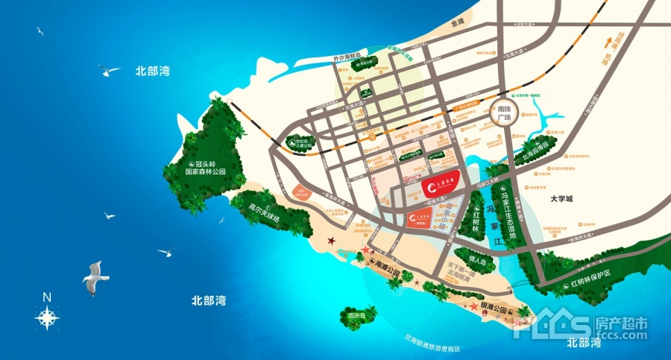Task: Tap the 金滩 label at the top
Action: pyautogui.click(x=457, y=22)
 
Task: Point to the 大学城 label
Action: pyautogui.click(x=564, y=199)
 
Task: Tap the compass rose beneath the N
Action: pyautogui.click(x=47, y=318)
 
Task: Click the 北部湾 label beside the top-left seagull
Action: pyautogui.click(x=152, y=72)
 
